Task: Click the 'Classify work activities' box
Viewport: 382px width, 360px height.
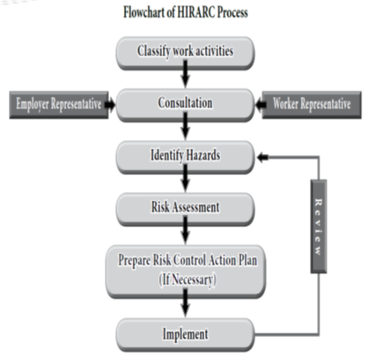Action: point(185,53)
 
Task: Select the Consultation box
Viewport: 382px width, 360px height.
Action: point(185,105)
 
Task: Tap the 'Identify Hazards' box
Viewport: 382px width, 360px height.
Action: point(185,158)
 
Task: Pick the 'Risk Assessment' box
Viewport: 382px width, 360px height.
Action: point(185,209)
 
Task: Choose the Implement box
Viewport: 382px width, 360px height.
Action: point(185,334)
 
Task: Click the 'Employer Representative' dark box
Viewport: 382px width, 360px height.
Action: point(59,105)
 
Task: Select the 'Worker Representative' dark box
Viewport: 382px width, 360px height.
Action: point(312,105)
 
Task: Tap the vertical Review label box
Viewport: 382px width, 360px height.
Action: point(319,226)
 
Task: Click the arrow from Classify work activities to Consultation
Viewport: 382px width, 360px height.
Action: point(185,74)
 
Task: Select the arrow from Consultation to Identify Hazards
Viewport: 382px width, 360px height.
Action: point(185,126)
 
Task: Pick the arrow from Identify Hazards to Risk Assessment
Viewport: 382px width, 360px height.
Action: point(185,178)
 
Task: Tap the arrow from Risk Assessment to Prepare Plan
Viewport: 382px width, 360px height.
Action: point(185,230)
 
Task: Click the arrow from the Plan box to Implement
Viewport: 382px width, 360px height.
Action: point(185,303)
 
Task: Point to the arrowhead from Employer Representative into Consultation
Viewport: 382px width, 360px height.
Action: point(110,105)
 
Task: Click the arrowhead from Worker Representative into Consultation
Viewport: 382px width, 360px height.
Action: point(261,105)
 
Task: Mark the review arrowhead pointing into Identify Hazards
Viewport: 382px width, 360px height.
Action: point(262,158)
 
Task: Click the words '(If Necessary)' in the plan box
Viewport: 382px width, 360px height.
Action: point(187,280)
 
